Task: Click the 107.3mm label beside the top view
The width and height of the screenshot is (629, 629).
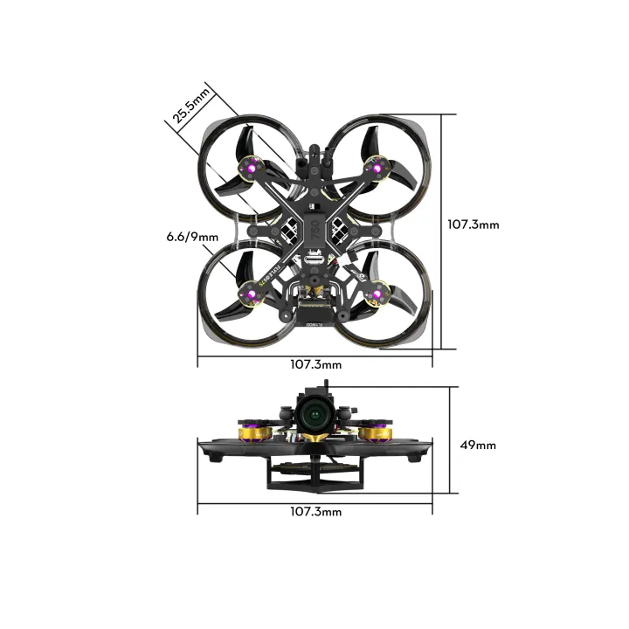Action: [x=473, y=225]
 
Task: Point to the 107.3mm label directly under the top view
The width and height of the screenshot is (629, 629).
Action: [x=315, y=363]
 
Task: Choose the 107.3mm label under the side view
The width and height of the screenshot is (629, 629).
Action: [x=315, y=511]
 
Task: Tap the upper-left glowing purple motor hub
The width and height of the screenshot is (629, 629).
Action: [x=252, y=164]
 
